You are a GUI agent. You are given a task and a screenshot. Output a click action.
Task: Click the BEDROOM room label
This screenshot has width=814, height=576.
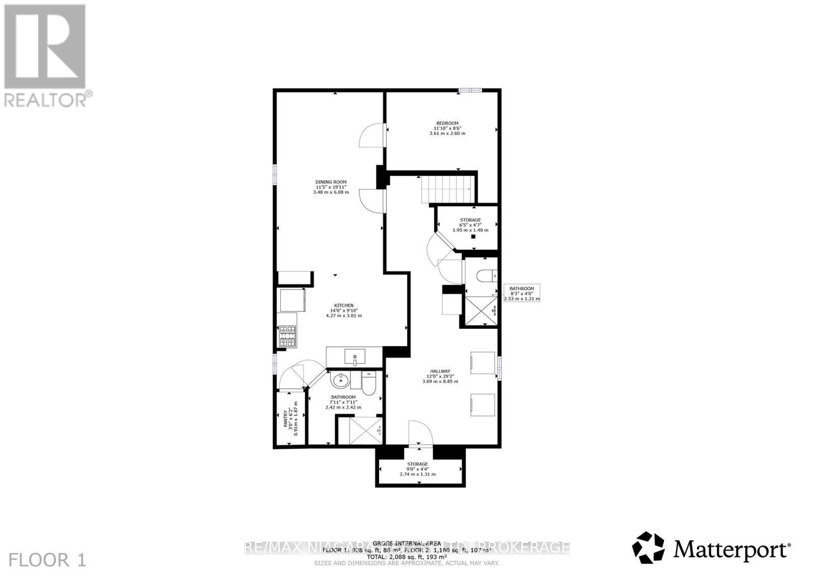click(x=447, y=123)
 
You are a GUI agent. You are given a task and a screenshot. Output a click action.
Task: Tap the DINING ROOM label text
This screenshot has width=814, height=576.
click(x=331, y=182)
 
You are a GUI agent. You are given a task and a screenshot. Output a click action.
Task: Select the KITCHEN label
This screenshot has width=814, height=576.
click(x=343, y=306)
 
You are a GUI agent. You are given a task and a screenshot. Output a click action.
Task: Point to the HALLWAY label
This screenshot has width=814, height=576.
click(x=440, y=371)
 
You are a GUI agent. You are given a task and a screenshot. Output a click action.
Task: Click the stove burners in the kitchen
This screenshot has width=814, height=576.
click(x=287, y=336)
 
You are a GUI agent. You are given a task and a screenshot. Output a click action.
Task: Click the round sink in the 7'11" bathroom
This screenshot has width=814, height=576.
click(x=338, y=380)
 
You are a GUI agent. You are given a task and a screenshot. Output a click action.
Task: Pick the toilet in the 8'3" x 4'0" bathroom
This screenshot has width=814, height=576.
click(x=486, y=275)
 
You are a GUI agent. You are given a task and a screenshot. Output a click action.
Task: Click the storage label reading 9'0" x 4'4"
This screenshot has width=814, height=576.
click(x=417, y=464)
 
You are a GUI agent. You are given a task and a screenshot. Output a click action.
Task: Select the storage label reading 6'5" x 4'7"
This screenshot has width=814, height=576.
click(x=470, y=220)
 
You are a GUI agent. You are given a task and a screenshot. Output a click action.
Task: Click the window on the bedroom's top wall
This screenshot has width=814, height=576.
click(x=470, y=91)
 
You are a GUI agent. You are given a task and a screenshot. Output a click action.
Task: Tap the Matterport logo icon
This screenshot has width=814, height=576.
click(x=648, y=548)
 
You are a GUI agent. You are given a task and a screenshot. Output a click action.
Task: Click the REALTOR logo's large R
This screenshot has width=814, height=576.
click(x=45, y=47)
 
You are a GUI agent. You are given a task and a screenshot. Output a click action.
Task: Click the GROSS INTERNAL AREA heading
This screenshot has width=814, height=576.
click(x=406, y=543)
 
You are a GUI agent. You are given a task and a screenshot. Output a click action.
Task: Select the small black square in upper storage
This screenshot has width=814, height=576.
click(x=473, y=237)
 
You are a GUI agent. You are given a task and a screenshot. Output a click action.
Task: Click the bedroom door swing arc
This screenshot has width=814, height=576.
click(x=370, y=135)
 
